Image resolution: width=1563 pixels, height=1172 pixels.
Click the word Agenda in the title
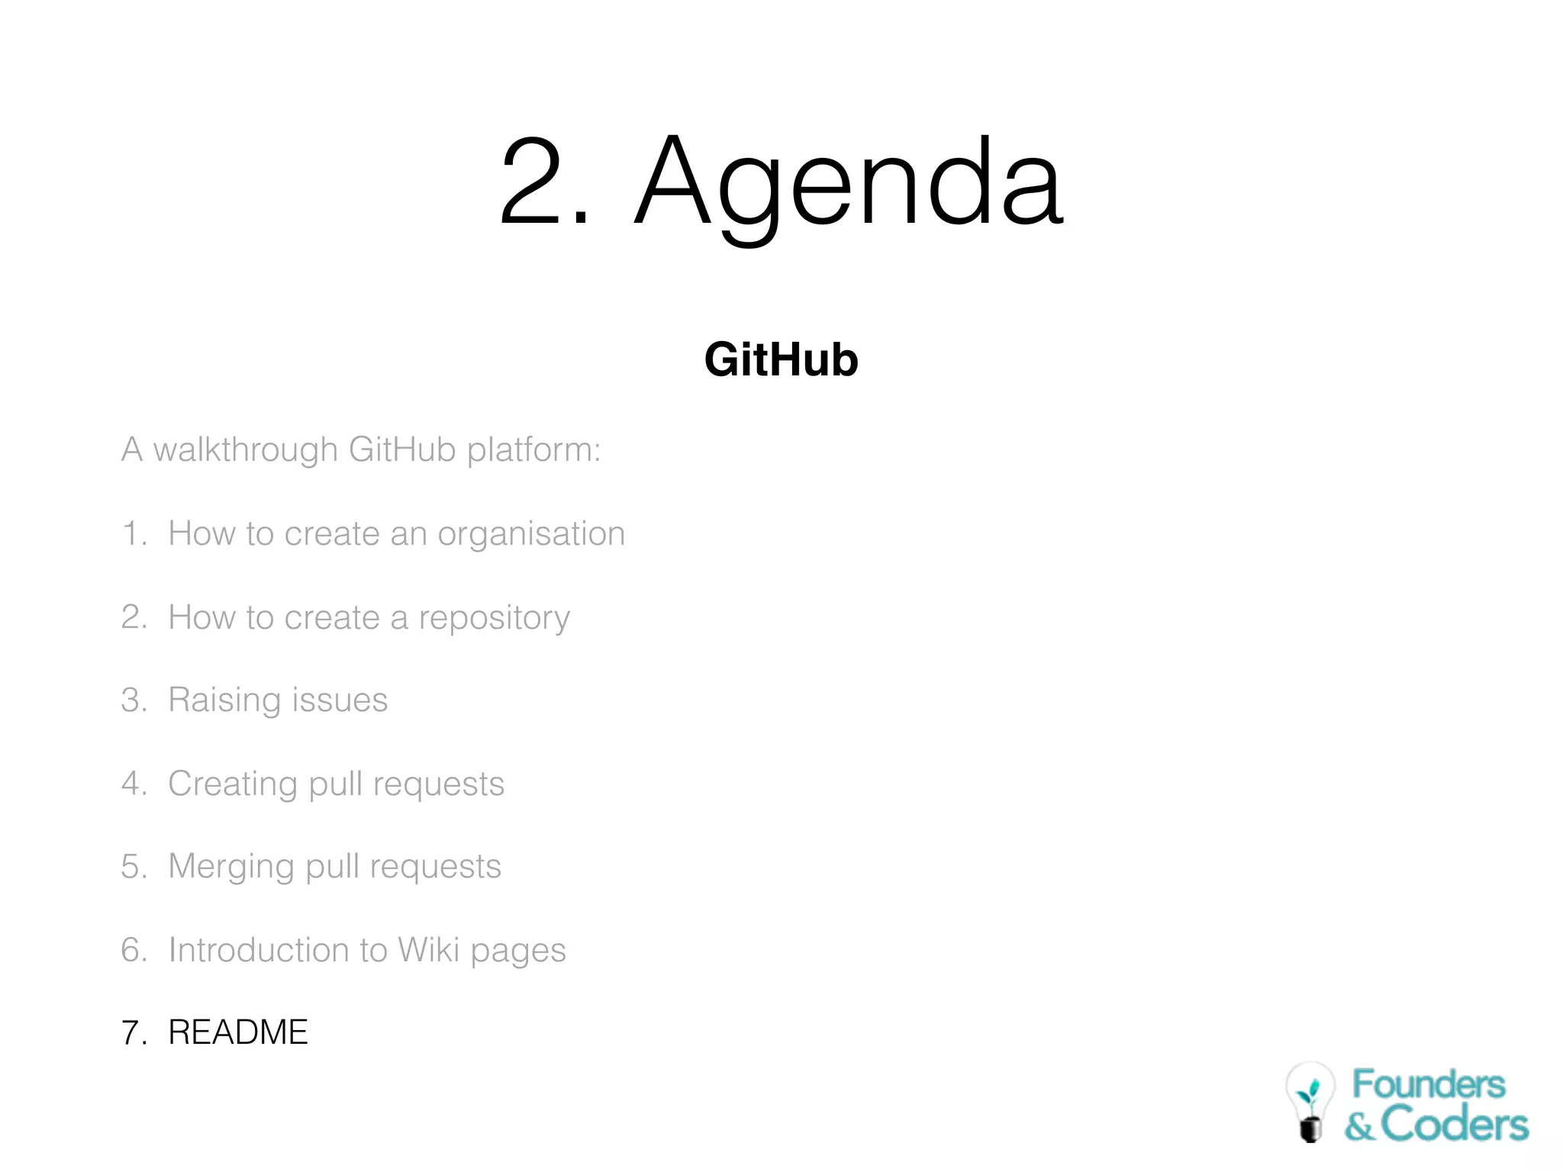click(x=849, y=183)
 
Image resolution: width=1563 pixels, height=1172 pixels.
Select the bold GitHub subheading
click(x=781, y=359)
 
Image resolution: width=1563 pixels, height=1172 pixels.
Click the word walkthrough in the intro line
click(x=245, y=449)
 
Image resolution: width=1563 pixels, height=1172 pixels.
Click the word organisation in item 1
click(x=531, y=534)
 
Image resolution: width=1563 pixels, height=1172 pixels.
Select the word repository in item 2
click(x=494, y=618)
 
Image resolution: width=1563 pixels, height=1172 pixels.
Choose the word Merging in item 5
click(x=230, y=867)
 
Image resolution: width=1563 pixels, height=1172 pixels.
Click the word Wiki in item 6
click(x=428, y=950)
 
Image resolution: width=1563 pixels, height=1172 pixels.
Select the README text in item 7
click(x=238, y=1032)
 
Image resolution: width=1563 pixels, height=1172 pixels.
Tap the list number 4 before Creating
click(x=131, y=784)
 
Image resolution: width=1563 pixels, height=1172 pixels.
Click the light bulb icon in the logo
click(x=1310, y=1100)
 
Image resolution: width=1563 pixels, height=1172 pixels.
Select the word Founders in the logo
click(x=1429, y=1084)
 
